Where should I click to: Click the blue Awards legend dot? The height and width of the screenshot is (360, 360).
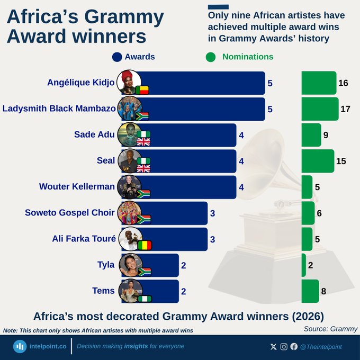tap(117, 57)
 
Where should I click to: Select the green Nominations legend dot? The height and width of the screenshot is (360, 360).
tap(211, 57)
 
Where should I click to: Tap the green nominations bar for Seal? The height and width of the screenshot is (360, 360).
tap(318, 161)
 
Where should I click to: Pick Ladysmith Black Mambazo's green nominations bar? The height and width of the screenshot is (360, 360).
tap(320, 109)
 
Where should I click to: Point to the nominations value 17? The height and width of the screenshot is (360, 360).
tap(346, 109)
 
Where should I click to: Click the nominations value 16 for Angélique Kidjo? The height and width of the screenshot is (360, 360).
tap(343, 83)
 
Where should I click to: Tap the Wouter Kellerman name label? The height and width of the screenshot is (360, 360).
tap(77, 187)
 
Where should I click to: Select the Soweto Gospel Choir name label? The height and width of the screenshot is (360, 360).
tap(69, 213)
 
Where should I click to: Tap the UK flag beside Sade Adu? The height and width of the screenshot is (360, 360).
tap(143, 142)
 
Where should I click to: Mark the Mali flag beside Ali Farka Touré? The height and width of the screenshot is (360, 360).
tap(144, 245)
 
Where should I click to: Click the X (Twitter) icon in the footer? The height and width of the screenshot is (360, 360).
tap(273, 346)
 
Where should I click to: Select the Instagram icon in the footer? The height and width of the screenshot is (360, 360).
tap(284, 346)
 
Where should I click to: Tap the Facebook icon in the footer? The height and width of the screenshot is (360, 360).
tap(294, 346)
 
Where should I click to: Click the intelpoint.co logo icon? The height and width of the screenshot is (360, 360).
tap(20, 346)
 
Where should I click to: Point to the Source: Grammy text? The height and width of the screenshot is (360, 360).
tap(330, 329)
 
